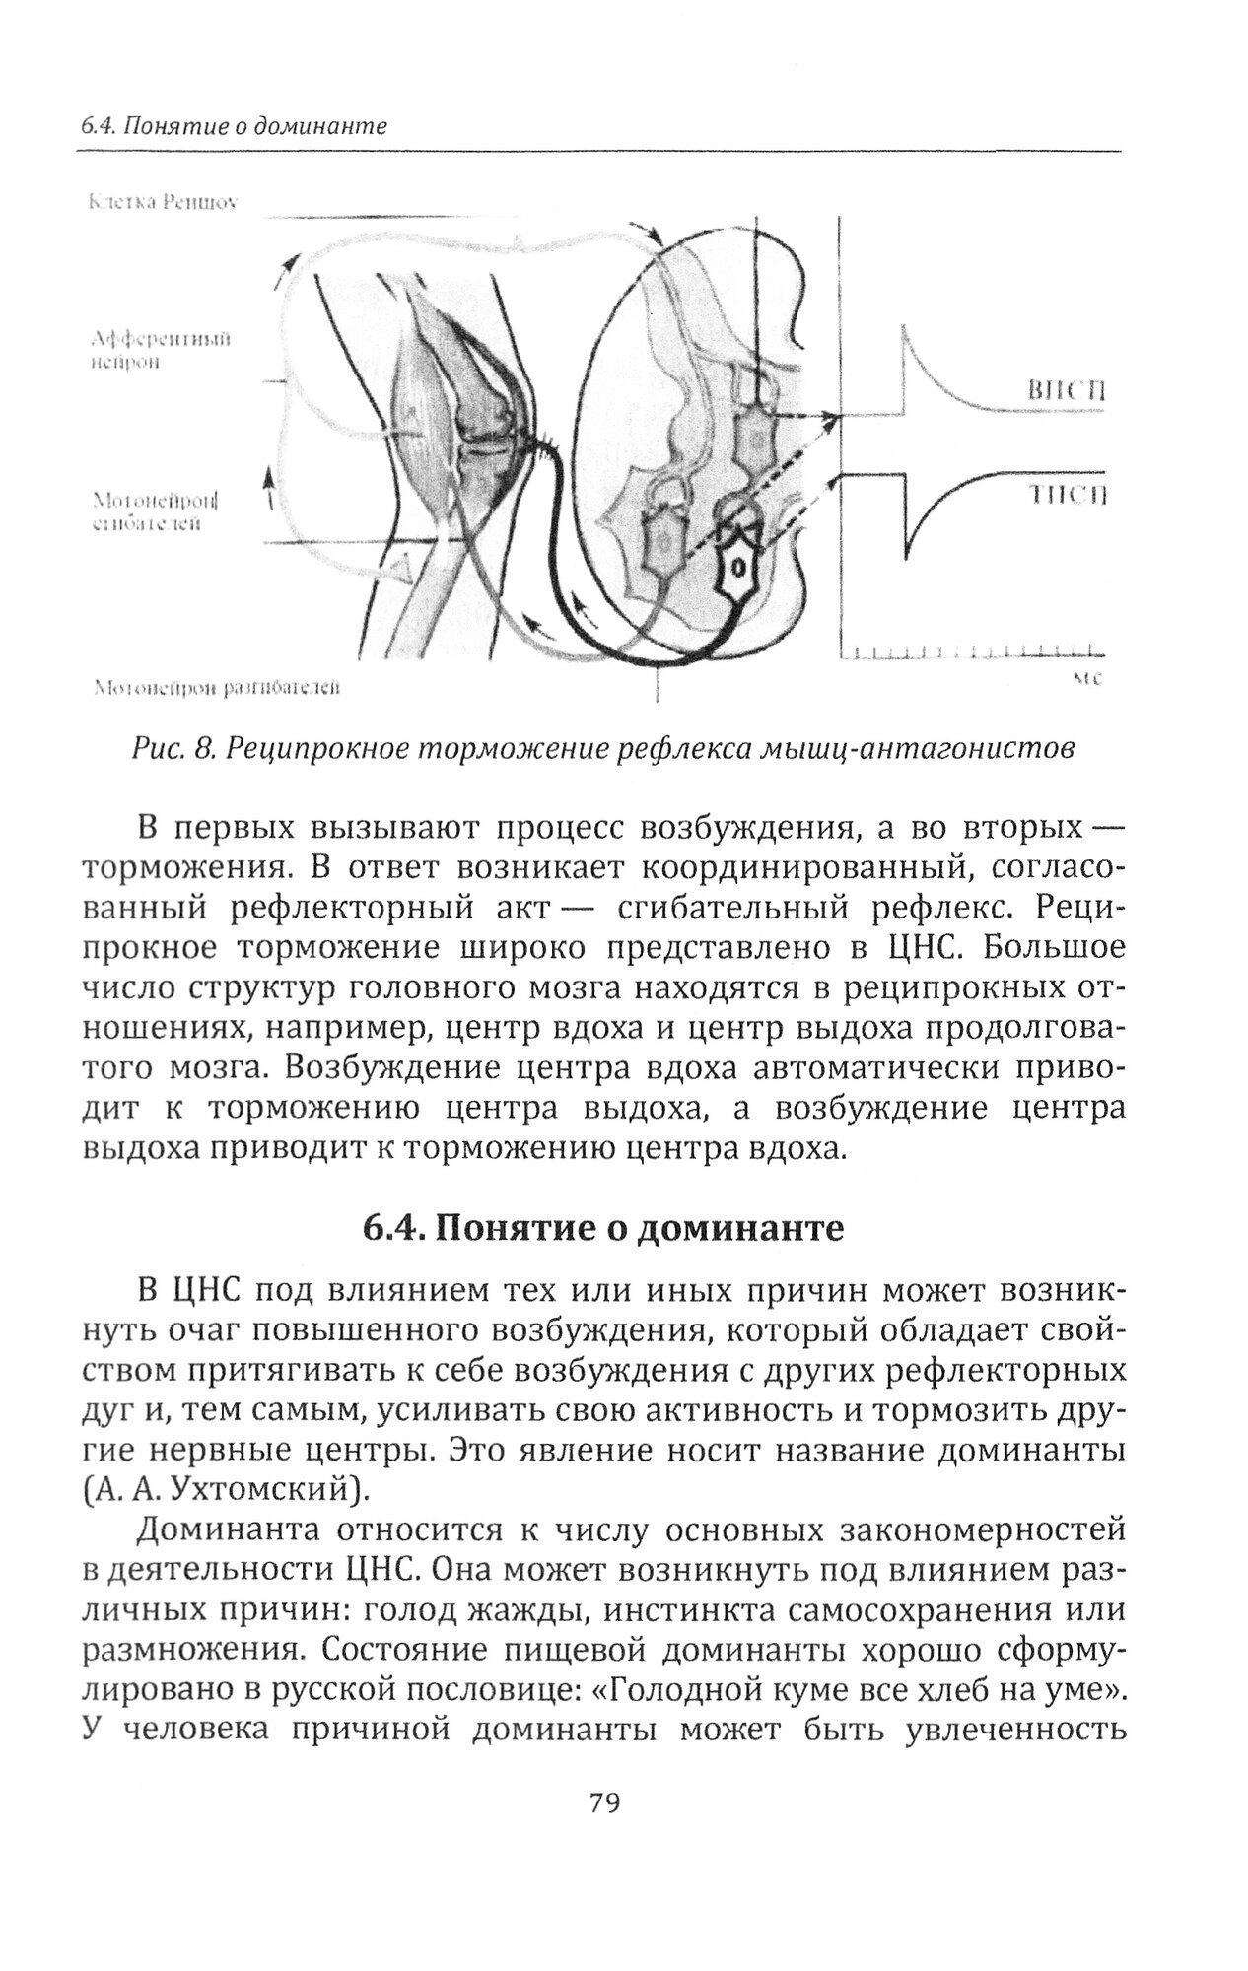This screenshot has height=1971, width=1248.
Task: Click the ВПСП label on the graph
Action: click(x=1066, y=391)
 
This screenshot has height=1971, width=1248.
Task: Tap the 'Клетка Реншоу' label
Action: click(x=163, y=202)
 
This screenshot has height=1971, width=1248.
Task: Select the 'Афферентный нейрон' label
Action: click(x=159, y=350)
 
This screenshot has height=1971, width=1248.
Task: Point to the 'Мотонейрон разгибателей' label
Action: click(x=216, y=687)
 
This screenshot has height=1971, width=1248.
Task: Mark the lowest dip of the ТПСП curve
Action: click(x=907, y=558)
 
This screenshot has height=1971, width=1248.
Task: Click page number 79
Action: click(x=603, y=1802)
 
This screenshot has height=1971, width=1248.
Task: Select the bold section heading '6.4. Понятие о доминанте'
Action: click(x=603, y=1229)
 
